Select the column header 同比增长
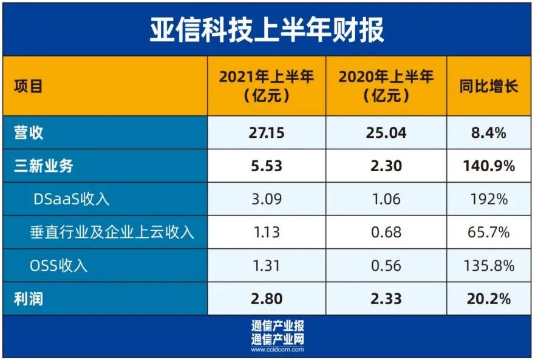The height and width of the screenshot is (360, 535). [x=488, y=86]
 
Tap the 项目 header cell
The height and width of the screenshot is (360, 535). [x=29, y=86]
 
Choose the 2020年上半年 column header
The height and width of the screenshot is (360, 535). [x=386, y=86]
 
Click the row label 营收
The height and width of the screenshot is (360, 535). [x=29, y=132]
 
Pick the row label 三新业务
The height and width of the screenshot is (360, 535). [x=47, y=165]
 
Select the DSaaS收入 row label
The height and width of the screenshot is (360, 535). [x=69, y=199]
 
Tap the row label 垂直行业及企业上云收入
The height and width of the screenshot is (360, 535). [x=112, y=232]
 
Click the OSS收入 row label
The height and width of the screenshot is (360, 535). [x=58, y=265]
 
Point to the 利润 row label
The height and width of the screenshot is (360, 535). [x=29, y=298]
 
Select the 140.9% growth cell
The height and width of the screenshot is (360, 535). [x=488, y=165]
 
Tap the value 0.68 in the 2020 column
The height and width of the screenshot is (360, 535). [x=386, y=232]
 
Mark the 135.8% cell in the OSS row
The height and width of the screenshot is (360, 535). [x=488, y=265]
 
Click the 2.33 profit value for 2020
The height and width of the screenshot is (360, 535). [x=386, y=298]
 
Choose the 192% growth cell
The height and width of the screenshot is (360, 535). [x=488, y=199]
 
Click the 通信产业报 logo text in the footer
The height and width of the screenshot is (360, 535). [x=278, y=325]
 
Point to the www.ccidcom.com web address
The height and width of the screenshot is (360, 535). [x=278, y=349]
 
